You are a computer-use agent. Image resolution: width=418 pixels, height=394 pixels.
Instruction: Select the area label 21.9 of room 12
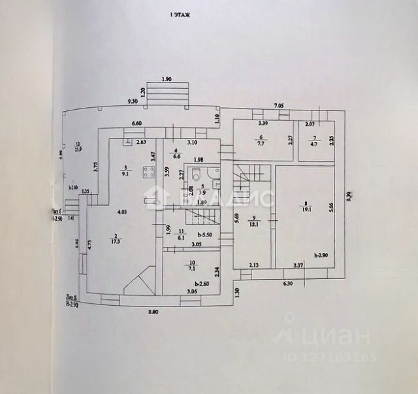[x=78, y=150]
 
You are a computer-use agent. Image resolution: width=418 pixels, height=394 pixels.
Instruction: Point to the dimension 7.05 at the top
[x=278, y=105]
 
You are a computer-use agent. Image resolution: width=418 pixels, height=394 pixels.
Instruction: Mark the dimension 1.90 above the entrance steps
[x=165, y=78]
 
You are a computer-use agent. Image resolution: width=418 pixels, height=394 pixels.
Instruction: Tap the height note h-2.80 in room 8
[x=320, y=255]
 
